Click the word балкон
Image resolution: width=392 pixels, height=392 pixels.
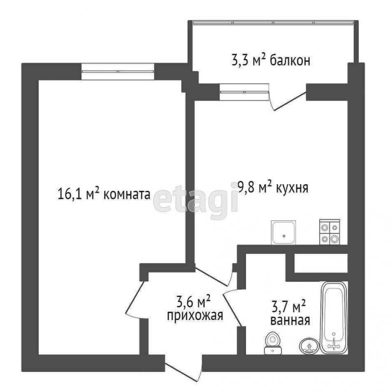pyautogui.click(x=290, y=61)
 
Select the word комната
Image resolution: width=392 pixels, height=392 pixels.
pyautogui.click(x=127, y=194)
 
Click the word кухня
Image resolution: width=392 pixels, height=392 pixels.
pyautogui.click(x=292, y=188)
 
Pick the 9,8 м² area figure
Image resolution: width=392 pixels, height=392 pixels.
pyautogui.click(x=255, y=188)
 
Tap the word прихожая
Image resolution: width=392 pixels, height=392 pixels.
pyautogui.click(x=195, y=316)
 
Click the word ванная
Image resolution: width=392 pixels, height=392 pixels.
pyautogui.click(x=290, y=320)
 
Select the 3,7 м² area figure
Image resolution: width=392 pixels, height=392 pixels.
pyautogui.click(x=289, y=307)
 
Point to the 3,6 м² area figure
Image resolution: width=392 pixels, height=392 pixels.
pyautogui.click(x=194, y=301)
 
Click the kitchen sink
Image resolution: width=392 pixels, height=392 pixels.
pyautogui.click(x=284, y=233)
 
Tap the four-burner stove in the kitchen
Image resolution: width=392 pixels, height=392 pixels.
pyautogui.click(x=330, y=232)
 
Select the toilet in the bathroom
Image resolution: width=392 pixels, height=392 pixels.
pyautogui.click(x=273, y=343)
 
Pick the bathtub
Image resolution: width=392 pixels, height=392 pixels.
pyautogui.click(x=334, y=318)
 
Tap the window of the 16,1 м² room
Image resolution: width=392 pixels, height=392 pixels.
pyautogui.click(x=118, y=72)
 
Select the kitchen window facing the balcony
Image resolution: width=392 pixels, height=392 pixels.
pyautogui.click(x=244, y=92)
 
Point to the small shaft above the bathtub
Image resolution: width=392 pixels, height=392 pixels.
pyautogui.click(x=321, y=263)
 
